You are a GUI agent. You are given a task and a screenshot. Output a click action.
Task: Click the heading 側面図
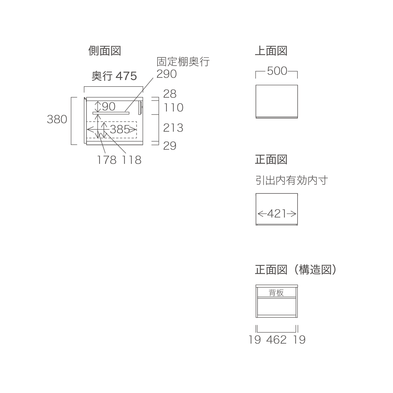click(105, 51)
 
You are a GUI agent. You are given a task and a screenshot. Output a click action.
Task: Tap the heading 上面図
click(271, 51)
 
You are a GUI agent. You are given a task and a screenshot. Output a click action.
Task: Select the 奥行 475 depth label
click(114, 76)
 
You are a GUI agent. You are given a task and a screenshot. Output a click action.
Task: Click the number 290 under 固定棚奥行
click(166, 74)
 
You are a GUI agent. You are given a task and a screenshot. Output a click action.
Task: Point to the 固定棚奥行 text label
click(183, 62)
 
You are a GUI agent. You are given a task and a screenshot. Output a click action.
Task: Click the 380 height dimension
click(57, 119)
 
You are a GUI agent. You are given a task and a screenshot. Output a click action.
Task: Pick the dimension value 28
click(170, 94)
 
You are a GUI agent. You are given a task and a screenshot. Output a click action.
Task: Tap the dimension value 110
click(173, 107)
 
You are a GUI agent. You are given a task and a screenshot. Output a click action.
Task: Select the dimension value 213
click(173, 128)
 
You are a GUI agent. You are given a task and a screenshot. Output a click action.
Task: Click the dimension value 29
click(170, 146)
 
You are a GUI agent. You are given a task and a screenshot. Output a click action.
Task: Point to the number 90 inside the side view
click(109, 107)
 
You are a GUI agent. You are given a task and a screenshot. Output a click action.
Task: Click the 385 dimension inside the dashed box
click(120, 129)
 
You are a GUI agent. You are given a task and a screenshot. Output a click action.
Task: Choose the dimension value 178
click(107, 160)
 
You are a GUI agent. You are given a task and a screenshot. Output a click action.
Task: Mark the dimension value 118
click(131, 160)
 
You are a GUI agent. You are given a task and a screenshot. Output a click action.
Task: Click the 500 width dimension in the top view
click(277, 71)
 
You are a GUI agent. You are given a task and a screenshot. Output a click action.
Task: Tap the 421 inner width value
click(277, 214)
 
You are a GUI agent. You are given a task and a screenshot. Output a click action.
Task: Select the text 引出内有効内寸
click(292, 180)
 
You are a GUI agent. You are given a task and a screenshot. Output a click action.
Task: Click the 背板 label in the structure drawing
click(276, 293)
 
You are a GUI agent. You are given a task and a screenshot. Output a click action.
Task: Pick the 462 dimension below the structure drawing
click(276, 340)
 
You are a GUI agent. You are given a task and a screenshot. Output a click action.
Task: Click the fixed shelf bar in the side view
click(111, 113)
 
